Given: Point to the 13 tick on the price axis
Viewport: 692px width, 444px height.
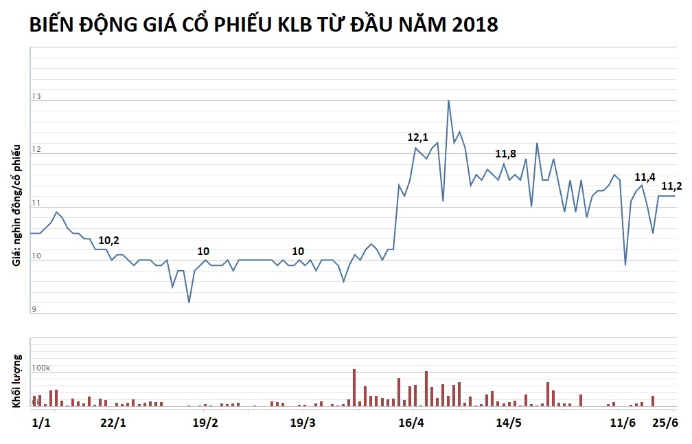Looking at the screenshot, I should point(36,97).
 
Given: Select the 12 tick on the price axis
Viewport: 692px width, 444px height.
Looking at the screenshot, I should point(36,151).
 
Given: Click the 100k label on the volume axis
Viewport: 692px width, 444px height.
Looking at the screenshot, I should point(41,368).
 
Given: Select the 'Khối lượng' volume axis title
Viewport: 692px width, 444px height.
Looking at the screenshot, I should point(17,381).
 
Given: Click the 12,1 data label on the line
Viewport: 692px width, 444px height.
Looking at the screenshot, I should point(418,137).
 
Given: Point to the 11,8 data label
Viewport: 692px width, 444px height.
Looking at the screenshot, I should point(505,153).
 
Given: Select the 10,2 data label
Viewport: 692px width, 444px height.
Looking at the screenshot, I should point(108,240).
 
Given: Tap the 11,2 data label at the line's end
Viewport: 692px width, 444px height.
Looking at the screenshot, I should point(671,186).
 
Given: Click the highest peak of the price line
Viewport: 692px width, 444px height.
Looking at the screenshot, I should point(448,100).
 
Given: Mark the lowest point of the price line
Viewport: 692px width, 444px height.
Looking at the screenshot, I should point(189,302).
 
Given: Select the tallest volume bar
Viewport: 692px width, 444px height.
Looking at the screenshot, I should point(354,388).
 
